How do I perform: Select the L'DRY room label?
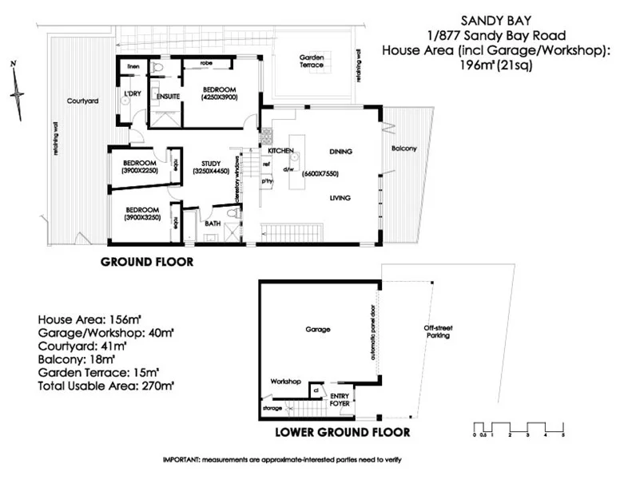(x=132, y=94)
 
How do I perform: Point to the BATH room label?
(x=213, y=224)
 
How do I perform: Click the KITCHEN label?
(x=281, y=151)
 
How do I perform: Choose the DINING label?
(x=340, y=151)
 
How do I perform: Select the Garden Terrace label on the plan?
(x=312, y=61)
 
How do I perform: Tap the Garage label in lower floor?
(x=318, y=329)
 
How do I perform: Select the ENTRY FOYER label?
(x=341, y=399)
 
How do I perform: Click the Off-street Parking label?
(x=437, y=331)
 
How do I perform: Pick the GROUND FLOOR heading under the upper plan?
(x=146, y=262)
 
